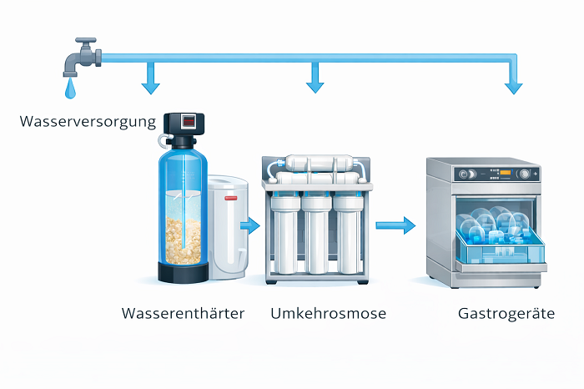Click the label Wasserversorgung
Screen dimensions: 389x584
pos(88,123)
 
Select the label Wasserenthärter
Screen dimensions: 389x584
pos(183,314)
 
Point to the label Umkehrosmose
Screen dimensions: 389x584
pos(328,314)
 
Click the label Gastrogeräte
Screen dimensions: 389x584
pos(506,314)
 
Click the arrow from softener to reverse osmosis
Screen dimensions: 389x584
pos(249,224)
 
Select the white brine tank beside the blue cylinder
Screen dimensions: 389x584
pos(226,225)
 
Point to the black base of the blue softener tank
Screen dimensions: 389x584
pos(184,273)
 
